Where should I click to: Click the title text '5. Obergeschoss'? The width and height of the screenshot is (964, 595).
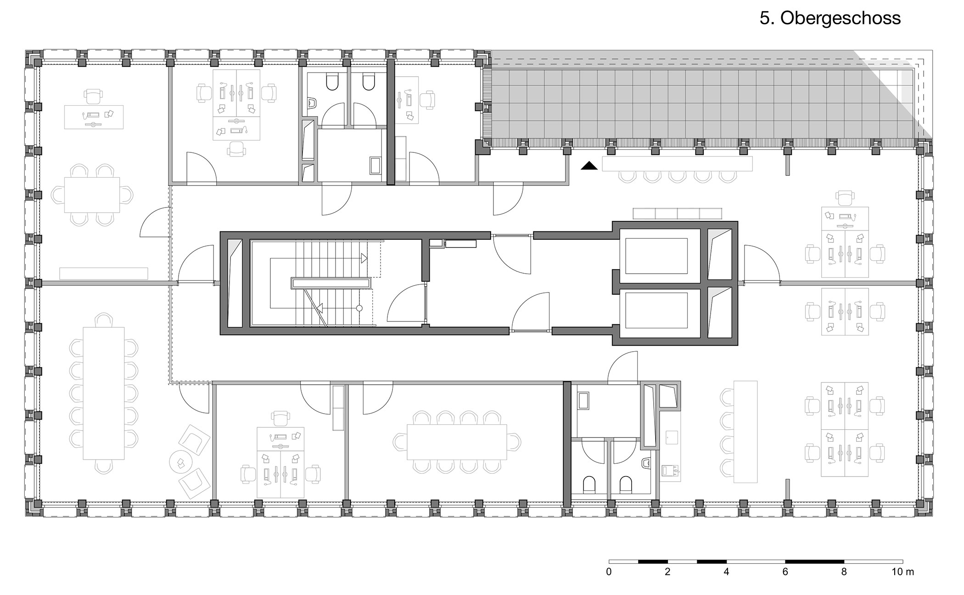tap(830, 18)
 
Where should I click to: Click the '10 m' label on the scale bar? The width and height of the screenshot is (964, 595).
tap(902, 572)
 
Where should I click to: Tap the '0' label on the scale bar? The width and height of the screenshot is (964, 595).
tap(609, 572)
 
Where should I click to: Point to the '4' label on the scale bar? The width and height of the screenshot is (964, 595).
tap(726, 572)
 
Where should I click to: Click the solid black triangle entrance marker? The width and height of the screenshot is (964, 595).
tap(589, 166)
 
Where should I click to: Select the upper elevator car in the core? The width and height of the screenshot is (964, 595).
tap(656, 256)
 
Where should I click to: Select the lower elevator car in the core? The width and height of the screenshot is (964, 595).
tap(656, 310)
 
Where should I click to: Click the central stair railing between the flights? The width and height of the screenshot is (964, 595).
tap(331, 283)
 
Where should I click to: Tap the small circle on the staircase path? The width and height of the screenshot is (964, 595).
tap(359, 308)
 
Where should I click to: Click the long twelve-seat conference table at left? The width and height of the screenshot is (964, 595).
tap(103, 393)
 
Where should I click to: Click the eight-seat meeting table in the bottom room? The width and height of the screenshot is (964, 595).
tap(457, 442)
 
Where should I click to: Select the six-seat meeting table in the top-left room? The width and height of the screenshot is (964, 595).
tap(92, 195)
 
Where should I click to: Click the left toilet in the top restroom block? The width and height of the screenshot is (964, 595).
tap(332, 82)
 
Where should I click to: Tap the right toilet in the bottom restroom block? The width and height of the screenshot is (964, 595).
tap(626, 484)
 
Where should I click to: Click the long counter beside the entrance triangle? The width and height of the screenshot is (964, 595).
tap(678, 164)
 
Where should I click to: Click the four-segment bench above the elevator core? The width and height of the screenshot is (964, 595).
tap(678, 213)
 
